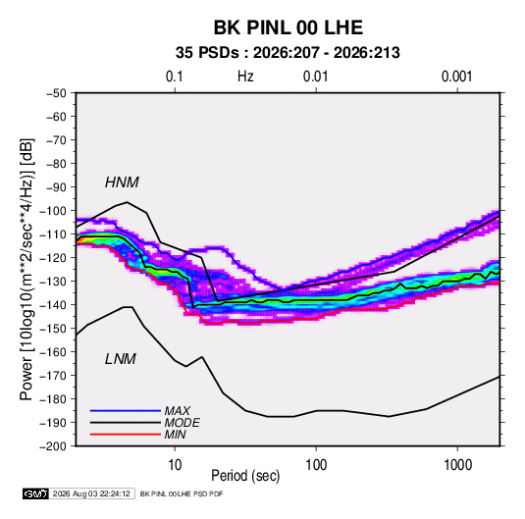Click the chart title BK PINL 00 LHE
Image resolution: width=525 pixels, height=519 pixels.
point(289,27)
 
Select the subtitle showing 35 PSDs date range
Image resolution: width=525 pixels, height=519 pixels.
point(288,53)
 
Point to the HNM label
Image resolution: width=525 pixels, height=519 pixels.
point(122,182)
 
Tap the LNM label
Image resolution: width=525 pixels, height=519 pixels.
point(121,359)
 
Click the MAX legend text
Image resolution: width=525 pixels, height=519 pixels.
point(177,410)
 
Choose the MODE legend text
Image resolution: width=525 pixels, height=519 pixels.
point(182,423)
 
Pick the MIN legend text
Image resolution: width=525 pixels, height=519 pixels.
point(175,435)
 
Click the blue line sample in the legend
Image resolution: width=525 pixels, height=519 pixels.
point(126,410)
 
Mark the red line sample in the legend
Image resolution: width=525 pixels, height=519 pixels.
point(126,435)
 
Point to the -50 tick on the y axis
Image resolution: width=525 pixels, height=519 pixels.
point(56,93)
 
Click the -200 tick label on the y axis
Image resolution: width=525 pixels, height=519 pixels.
point(53,446)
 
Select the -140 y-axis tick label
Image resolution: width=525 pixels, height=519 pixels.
point(53,305)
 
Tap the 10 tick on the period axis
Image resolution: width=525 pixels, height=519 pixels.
point(175,465)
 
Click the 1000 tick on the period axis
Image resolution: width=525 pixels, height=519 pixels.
point(457,465)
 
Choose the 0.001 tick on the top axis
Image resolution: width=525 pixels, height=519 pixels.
point(456,77)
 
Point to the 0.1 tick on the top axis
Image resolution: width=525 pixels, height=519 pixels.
point(175,77)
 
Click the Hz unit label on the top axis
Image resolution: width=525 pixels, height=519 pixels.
point(245,77)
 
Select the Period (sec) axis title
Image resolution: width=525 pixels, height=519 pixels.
point(245,476)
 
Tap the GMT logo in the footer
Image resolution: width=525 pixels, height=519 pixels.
point(35,493)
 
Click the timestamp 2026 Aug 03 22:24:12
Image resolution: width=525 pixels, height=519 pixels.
point(91,493)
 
